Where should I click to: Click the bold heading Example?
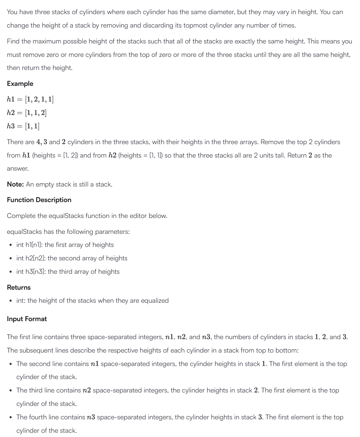20,84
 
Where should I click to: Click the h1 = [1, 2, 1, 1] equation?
30,99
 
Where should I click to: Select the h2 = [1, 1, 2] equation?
27,113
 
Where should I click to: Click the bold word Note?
16,184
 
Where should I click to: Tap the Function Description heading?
39,200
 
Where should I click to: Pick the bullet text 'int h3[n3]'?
31,272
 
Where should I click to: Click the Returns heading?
19,288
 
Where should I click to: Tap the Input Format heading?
27,319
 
